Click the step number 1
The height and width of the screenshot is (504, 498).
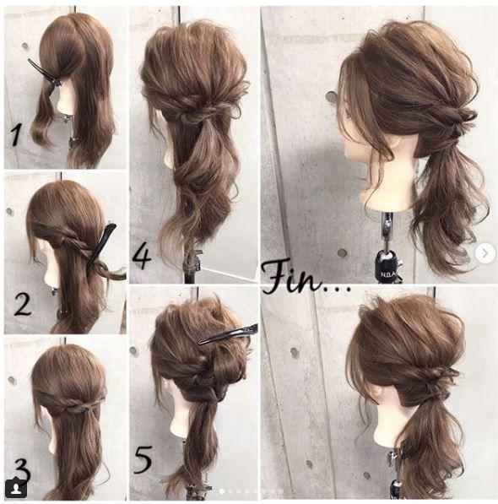point(16,136)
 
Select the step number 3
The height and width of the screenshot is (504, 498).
point(21,474)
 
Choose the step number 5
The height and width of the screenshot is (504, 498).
point(143,459)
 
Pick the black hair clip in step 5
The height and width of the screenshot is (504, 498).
point(228,333)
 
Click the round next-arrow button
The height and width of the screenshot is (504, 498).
point(484,253)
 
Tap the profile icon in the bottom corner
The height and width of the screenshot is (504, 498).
point(15,488)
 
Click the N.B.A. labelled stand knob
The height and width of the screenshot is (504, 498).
point(389,264)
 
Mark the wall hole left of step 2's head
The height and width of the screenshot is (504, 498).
point(9,212)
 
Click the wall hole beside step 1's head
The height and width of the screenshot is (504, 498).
point(24,46)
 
